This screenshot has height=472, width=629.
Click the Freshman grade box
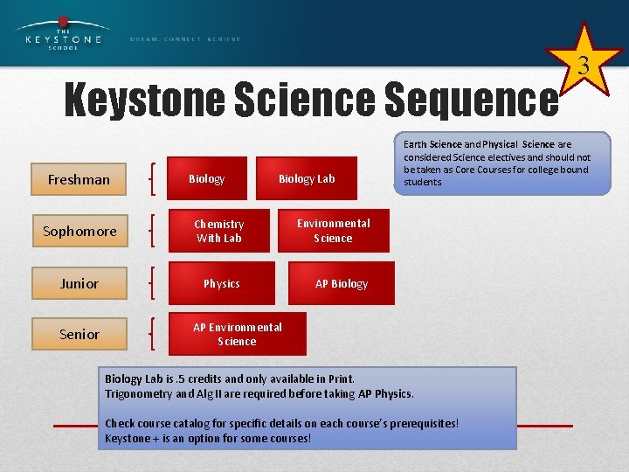click(79, 179)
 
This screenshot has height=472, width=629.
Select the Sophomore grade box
click(79, 231)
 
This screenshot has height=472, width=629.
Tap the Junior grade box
click(79, 283)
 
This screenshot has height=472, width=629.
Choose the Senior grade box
click(79, 334)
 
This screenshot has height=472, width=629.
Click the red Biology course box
click(207, 178)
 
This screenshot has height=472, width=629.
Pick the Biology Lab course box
click(307, 178)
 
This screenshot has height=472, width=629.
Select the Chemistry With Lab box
click(219, 231)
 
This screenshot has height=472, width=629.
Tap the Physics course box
click(221, 283)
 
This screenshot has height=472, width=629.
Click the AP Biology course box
click(342, 283)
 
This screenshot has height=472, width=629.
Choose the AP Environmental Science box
click(237, 334)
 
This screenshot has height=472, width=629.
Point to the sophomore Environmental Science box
click(333, 231)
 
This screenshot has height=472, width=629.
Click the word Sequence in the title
click(473, 101)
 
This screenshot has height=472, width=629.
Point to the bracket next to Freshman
click(154, 179)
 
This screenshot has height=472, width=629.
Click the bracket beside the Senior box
click(154, 334)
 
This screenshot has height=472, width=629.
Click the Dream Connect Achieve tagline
click(185, 39)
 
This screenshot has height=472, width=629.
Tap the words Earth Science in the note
click(432, 144)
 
